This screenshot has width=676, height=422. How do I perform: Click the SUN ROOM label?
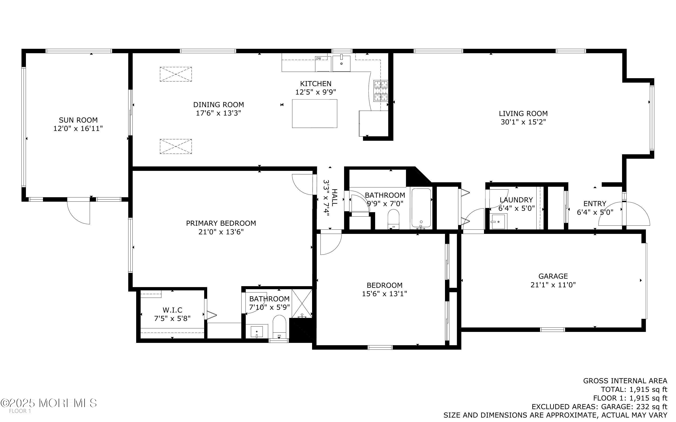coord(78,120)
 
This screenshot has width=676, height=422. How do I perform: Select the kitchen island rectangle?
coord(314,114)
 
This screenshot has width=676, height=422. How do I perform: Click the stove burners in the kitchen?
coord(381,90)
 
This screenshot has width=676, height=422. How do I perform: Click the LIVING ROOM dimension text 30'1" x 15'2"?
coord(523,122)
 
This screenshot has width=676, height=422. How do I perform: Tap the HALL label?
coord(334,197)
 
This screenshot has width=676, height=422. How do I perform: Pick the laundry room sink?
coord(498,221)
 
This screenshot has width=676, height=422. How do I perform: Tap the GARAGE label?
coord(553,276)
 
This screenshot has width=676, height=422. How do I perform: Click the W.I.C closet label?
coord(172,310)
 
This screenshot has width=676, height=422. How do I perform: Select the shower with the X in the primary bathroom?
coord(302,303)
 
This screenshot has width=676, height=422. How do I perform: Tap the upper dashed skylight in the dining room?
coord(176,74)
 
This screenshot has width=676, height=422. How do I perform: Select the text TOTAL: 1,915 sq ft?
coord(633,389)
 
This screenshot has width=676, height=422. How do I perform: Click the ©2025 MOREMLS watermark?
coord(49,403)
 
